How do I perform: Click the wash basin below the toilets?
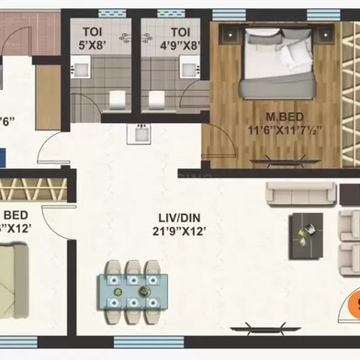[x=141, y=134]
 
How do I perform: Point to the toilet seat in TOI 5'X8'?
[x=118, y=98]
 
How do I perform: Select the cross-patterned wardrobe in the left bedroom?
[x=33, y=190]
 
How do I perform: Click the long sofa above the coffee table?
[x=300, y=194]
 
